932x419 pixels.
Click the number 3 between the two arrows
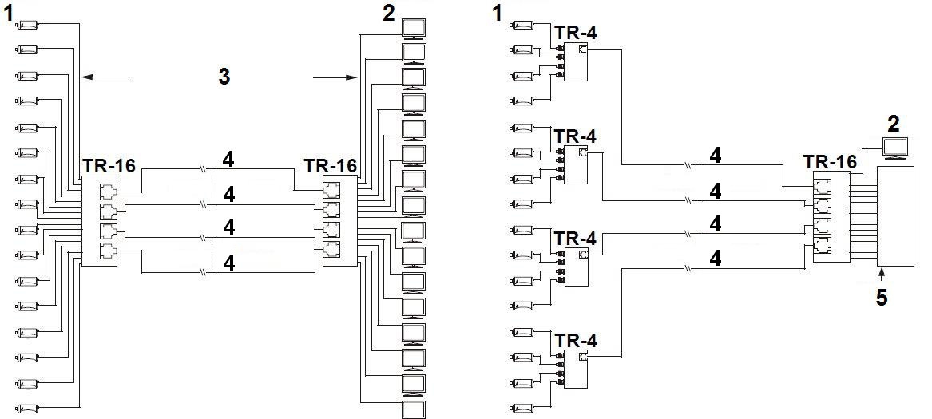(224, 77)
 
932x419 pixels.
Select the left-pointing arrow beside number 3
(104, 77)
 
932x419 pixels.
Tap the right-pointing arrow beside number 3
(335, 77)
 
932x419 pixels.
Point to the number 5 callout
(881, 298)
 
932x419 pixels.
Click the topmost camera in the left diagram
(27, 25)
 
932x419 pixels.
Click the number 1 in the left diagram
(10, 14)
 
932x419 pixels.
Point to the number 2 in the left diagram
(389, 13)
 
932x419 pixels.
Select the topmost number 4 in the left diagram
(228, 160)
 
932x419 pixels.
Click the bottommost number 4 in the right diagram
(716, 259)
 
